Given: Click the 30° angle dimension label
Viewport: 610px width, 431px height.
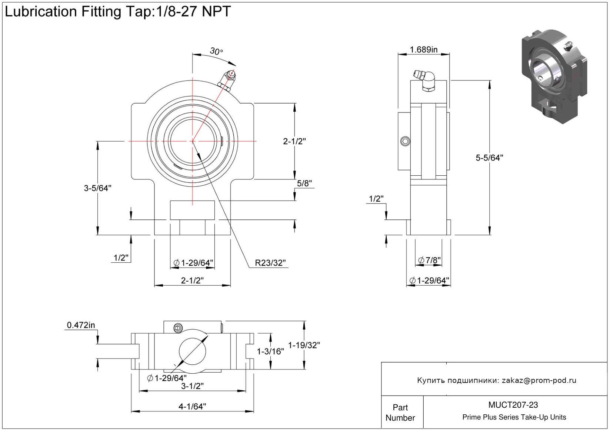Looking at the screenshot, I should point(216,51).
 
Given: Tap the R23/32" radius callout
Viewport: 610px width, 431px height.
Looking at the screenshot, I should point(270,263).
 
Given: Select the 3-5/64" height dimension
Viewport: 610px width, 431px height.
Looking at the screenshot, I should point(97,188).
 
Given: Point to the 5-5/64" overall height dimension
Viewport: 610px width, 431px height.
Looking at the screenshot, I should point(489,158).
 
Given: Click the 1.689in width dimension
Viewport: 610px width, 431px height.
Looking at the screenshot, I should point(424,50).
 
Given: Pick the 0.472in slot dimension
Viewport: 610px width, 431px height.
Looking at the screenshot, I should point(81,325).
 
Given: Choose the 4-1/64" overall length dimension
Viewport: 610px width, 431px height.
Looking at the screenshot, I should point(192,407).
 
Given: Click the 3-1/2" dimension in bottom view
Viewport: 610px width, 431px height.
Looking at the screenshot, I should point(192,386).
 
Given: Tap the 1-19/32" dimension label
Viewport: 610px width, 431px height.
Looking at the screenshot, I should point(304,345).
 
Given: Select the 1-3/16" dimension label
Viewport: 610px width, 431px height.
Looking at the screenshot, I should point(270,351).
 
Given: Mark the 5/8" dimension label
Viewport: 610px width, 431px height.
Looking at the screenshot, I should point(304,183).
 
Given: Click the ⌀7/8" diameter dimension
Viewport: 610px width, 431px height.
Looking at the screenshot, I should point(429,260).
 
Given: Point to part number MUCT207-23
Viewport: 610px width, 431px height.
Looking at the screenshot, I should point(513,405).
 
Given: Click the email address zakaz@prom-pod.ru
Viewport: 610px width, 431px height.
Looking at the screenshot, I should point(539,380).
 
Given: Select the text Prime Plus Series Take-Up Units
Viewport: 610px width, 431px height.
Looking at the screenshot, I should point(514,417).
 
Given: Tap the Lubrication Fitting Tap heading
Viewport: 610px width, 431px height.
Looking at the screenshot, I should point(117,12).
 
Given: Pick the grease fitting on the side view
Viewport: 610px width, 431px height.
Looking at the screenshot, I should point(426,80).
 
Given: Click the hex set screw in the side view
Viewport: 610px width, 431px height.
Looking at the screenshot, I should point(405,141).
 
